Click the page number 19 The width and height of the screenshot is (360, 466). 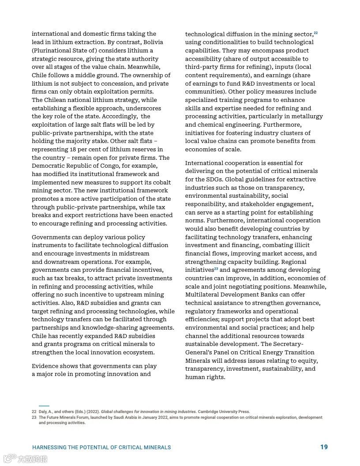tap(324, 447)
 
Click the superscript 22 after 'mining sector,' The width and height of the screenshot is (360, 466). tap(316, 33)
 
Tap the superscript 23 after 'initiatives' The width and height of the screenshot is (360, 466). tap(216, 269)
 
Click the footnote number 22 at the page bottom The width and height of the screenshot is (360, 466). tap(34, 412)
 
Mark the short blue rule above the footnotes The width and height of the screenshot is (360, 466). tap(44, 406)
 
